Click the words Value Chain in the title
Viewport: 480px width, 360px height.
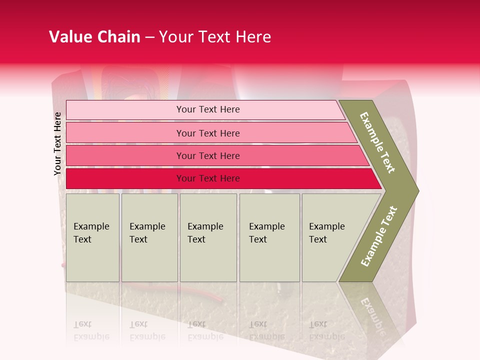coord(94,37)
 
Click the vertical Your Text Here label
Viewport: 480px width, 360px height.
coord(58,144)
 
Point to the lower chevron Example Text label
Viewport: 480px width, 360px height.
coord(379,236)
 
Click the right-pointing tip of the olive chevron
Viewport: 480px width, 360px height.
coord(416,190)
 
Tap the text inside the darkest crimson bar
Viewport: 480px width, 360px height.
coord(208,178)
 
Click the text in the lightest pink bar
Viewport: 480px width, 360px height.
coord(208,109)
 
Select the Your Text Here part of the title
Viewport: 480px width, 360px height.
coord(215,37)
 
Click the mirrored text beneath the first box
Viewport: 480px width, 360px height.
coord(91,330)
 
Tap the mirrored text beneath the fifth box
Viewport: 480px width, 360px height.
coord(326,330)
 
